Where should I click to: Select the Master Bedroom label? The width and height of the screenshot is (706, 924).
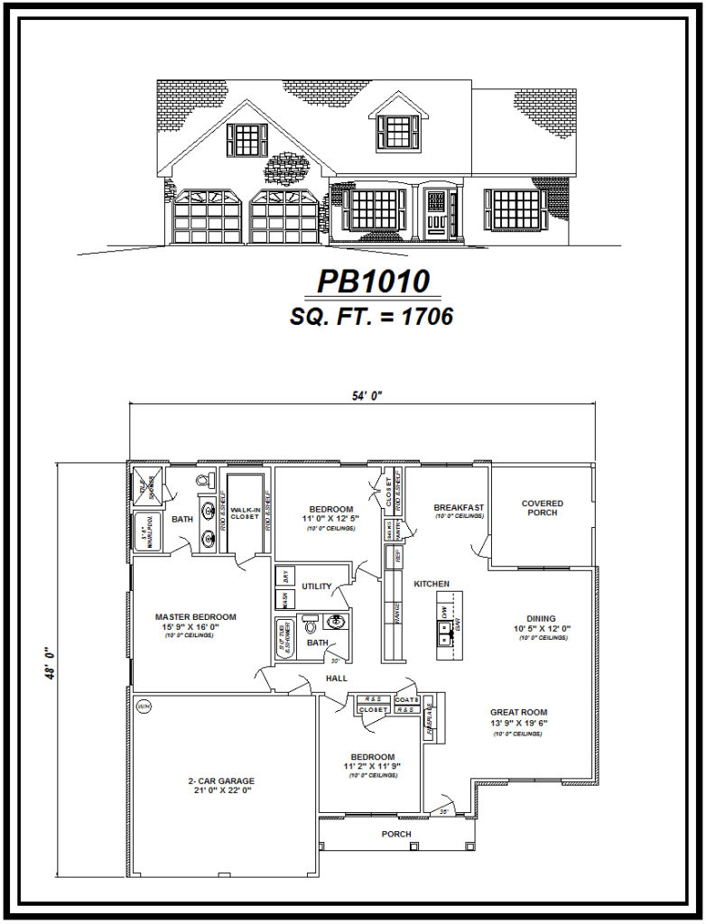(x=195, y=617)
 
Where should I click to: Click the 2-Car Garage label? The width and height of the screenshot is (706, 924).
(x=220, y=781)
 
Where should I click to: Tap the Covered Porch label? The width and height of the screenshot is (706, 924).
(x=542, y=508)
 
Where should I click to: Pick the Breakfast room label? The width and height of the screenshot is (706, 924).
(x=459, y=508)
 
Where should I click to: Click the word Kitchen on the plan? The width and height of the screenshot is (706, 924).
(x=432, y=584)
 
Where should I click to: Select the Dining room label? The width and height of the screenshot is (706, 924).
(x=542, y=619)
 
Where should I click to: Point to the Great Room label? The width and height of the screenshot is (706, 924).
(x=518, y=712)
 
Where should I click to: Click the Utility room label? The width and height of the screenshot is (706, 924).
(x=318, y=586)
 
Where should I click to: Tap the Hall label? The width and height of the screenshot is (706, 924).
(x=337, y=679)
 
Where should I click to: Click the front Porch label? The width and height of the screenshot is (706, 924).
(x=395, y=834)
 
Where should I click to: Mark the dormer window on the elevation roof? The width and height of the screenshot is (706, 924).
(x=397, y=132)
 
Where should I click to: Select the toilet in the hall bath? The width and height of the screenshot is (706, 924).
(x=309, y=624)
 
